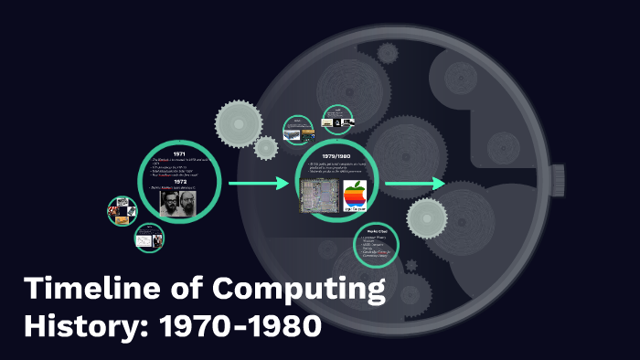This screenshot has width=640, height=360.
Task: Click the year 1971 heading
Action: tap(179, 153)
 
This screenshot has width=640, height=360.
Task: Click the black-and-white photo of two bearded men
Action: tap(179, 203)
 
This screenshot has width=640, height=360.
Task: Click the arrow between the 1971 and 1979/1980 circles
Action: tap(259, 185)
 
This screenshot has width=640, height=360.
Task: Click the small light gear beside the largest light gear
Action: tap(267, 146)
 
